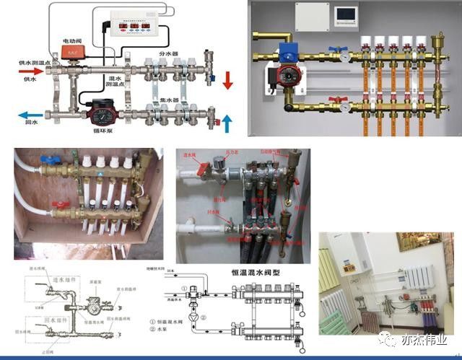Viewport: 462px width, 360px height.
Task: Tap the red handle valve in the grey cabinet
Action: [x=335, y=100]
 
